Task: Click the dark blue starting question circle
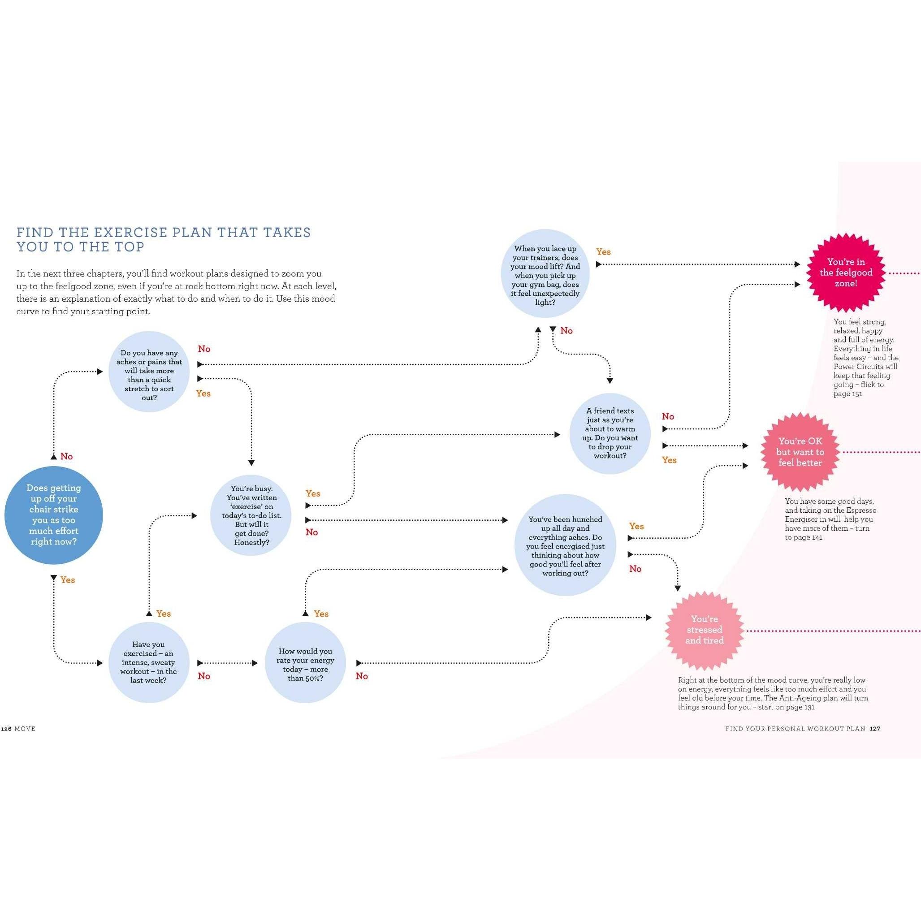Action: click(x=53, y=515)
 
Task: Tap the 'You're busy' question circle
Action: click(x=251, y=515)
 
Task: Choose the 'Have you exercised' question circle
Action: click(x=148, y=662)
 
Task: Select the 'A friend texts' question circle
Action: click(x=610, y=433)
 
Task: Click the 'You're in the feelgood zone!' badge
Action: click(x=846, y=272)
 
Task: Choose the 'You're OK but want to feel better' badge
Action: click(x=800, y=452)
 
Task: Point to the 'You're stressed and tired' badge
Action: click(x=704, y=630)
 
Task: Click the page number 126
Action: click(x=6, y=729)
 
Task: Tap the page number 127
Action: click(x=875, y=729)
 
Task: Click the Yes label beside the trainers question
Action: click(x=603, y=252)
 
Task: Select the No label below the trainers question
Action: click(x=566, y=331)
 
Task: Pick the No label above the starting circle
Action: click(x=66, y=457)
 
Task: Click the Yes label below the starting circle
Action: click(x=68, y=580)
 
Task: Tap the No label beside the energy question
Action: click(x=361, y=676)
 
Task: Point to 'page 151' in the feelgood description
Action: click(x=847, y=394)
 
